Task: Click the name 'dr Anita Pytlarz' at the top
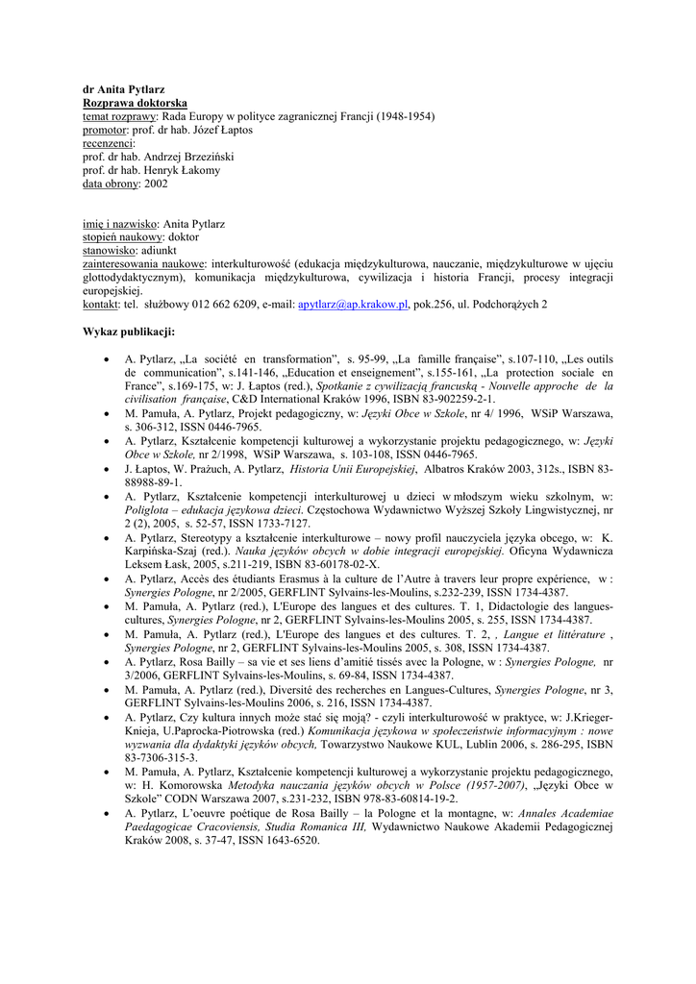click(x=123, y=89)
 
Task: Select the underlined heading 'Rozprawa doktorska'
click(x=135, y=103)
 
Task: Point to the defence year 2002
click(x=156, y=184)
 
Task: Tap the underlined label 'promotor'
click(x=105, y=130)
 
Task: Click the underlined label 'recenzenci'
click(x=109, y=143)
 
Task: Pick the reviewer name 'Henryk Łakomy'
click(x=182, y=170)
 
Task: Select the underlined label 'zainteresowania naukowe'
click(x=144, y=263)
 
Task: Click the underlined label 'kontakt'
click(x=101, y=305)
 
